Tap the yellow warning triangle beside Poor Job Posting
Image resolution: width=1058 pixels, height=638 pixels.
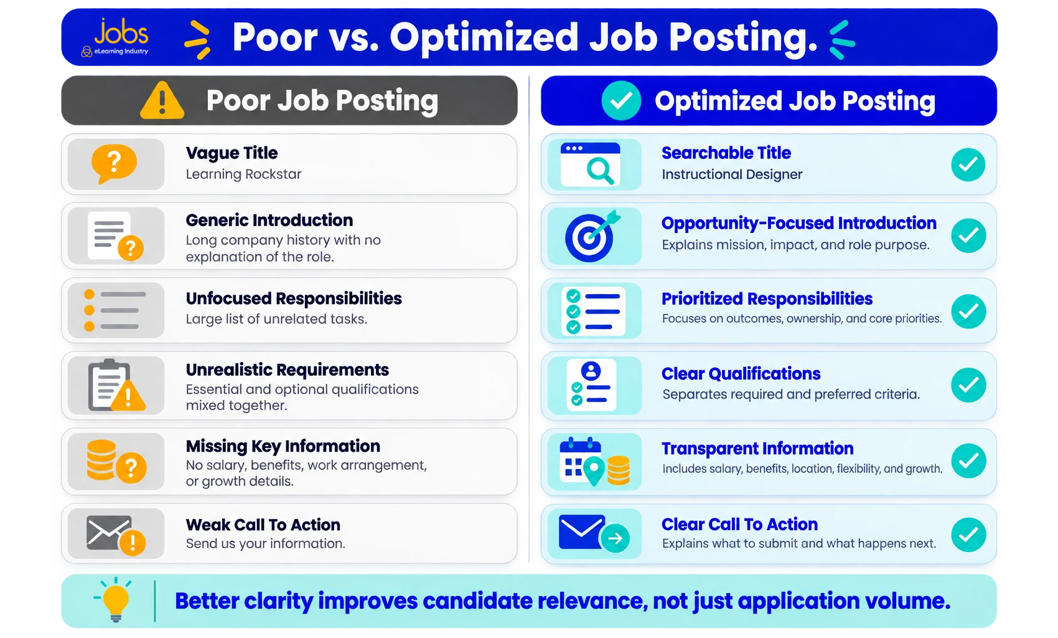tap(162, 100)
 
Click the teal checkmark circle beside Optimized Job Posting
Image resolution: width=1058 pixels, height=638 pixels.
tap(621, 100)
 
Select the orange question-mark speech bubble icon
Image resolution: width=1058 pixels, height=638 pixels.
tap(114, 164)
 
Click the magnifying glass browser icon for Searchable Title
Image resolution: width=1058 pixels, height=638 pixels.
tap(591, 164)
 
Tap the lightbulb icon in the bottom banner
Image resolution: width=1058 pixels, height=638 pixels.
tap(115, 600)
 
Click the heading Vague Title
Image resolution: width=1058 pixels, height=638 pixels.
tap(232, 153)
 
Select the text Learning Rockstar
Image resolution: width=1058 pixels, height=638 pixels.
tap(243, 174)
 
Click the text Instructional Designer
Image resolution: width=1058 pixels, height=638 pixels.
tap(732, 174)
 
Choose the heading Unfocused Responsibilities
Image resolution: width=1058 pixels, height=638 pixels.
tap(294, 298)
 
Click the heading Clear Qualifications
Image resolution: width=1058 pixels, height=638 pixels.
tap(741, 374)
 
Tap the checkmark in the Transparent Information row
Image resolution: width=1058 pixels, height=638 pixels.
tap(968, 460)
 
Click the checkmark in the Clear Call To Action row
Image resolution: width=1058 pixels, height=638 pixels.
tap(968, 535)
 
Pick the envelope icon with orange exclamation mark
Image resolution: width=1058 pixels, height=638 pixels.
tap(116, 535)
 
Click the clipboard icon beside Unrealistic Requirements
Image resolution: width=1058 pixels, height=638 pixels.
tap(116, 385)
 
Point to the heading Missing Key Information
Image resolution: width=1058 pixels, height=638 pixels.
tap(283, 446)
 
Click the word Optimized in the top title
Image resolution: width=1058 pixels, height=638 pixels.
tap(484, 38)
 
